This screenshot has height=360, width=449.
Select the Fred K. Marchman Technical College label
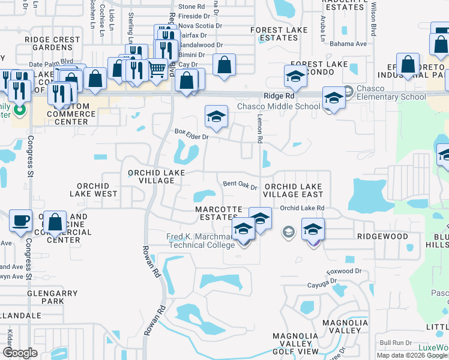point(200,241)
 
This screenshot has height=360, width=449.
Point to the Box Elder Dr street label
point(191,137)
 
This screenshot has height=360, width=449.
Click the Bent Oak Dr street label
point(240,185)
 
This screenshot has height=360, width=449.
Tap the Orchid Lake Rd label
point(303,208)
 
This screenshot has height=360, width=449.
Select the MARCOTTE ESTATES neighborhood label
point(218,213)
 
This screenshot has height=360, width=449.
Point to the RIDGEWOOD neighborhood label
point(382,236)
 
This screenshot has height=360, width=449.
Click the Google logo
point(20,353)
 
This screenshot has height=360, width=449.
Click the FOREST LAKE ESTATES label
point(274,34)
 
